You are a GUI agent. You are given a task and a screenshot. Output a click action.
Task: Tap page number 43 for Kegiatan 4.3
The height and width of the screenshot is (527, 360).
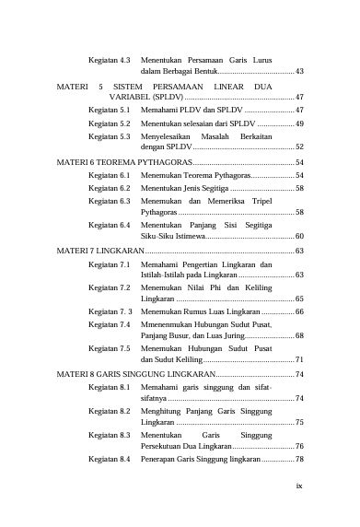(x=299, y=70)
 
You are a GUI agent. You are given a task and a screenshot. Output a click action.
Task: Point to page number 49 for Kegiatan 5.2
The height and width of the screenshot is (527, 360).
(x=299, y=122)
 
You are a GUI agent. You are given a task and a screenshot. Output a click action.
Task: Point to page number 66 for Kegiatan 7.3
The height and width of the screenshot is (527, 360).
(x=299, y=312)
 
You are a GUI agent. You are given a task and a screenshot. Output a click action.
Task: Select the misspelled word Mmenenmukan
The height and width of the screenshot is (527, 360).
(x=170, y=325)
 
